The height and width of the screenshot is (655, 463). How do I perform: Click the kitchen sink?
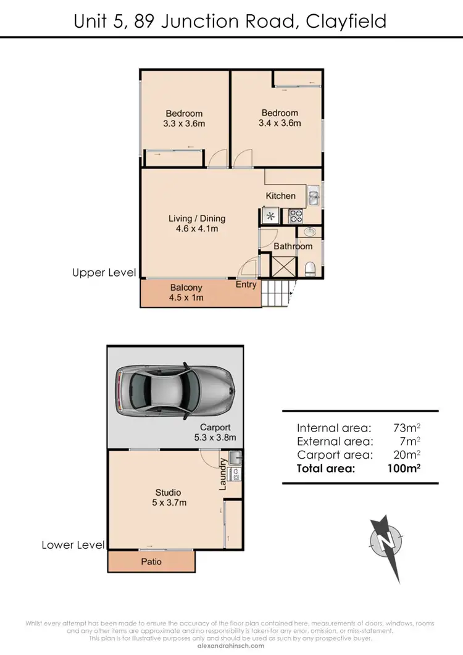pos(313,196)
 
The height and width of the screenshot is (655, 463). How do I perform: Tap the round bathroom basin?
pos(309,233)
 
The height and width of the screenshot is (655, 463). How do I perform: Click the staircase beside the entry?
pos(275,294)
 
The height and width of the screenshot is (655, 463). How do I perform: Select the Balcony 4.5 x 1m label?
pos(186,293)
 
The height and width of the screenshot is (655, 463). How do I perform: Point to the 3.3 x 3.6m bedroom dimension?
pos(184,123)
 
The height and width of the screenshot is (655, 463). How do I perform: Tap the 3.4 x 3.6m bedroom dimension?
pos(280,123)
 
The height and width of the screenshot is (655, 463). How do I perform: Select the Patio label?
pos(151,561)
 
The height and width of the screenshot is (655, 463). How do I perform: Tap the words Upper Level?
pos(104,272)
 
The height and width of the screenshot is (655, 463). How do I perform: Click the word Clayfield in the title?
pos(346,22)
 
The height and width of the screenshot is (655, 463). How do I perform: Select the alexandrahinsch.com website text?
pos(231,646)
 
